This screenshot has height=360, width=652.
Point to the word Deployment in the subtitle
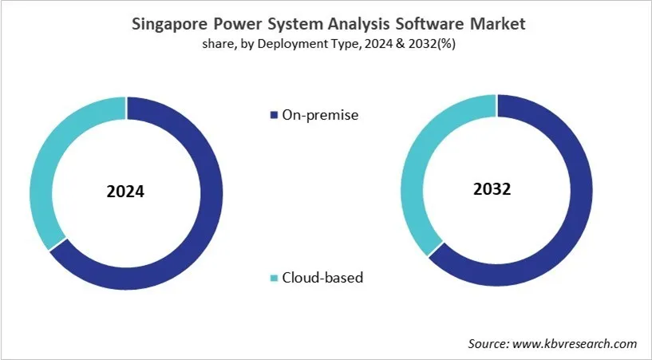point(294,44)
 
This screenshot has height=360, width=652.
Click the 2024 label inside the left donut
point(126,192)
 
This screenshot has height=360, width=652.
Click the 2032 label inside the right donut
point(496,190)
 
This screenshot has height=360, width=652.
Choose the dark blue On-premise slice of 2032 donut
point(580,200)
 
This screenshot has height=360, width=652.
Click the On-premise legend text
point(320,115)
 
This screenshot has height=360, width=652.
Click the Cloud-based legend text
point(322,278)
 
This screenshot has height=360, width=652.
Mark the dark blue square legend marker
point(273,116)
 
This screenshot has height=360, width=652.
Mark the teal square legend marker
point(273,279)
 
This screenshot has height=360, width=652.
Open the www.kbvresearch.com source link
point(577,343)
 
